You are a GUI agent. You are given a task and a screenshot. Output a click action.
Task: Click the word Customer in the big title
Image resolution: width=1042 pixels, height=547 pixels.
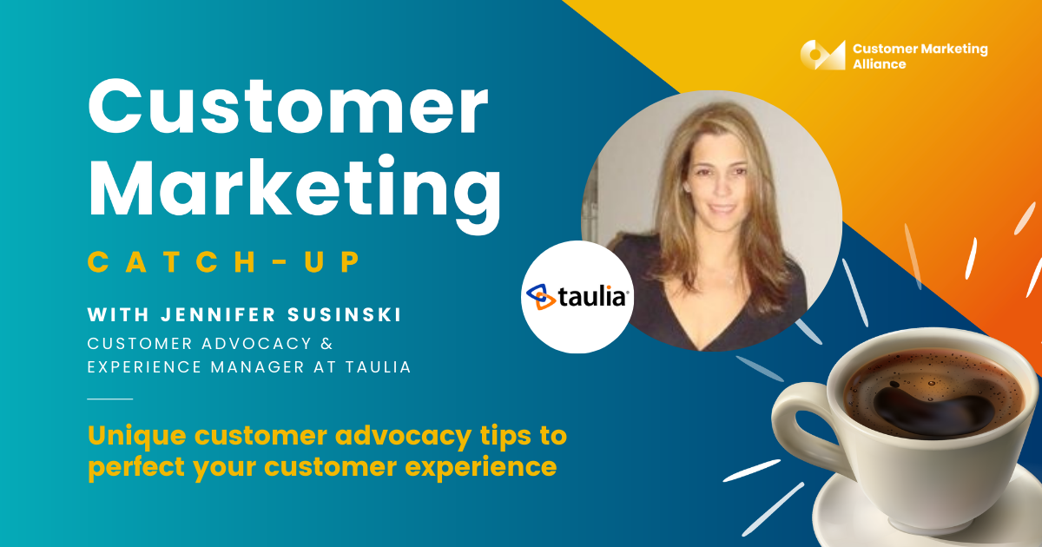point(288,107)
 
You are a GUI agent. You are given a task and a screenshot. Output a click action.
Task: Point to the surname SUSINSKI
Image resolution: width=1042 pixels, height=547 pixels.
point(344,315)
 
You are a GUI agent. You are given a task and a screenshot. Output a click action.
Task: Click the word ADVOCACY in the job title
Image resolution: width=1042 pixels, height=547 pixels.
point(256,344)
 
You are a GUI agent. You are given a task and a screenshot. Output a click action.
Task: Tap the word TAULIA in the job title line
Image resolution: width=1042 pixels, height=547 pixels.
point(379,367)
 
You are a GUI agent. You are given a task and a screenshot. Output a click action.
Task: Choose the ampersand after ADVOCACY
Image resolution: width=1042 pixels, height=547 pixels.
point(327,344)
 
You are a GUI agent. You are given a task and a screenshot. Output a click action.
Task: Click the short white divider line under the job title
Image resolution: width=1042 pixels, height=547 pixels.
point(109,399)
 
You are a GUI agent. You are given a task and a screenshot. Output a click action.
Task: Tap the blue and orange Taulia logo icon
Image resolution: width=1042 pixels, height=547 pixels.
point(540,296)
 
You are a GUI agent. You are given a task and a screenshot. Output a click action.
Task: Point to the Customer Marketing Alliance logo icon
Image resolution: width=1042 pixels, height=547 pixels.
point(822,55)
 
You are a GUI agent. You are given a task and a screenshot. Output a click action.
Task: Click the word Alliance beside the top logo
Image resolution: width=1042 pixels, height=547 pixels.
point(879,64)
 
